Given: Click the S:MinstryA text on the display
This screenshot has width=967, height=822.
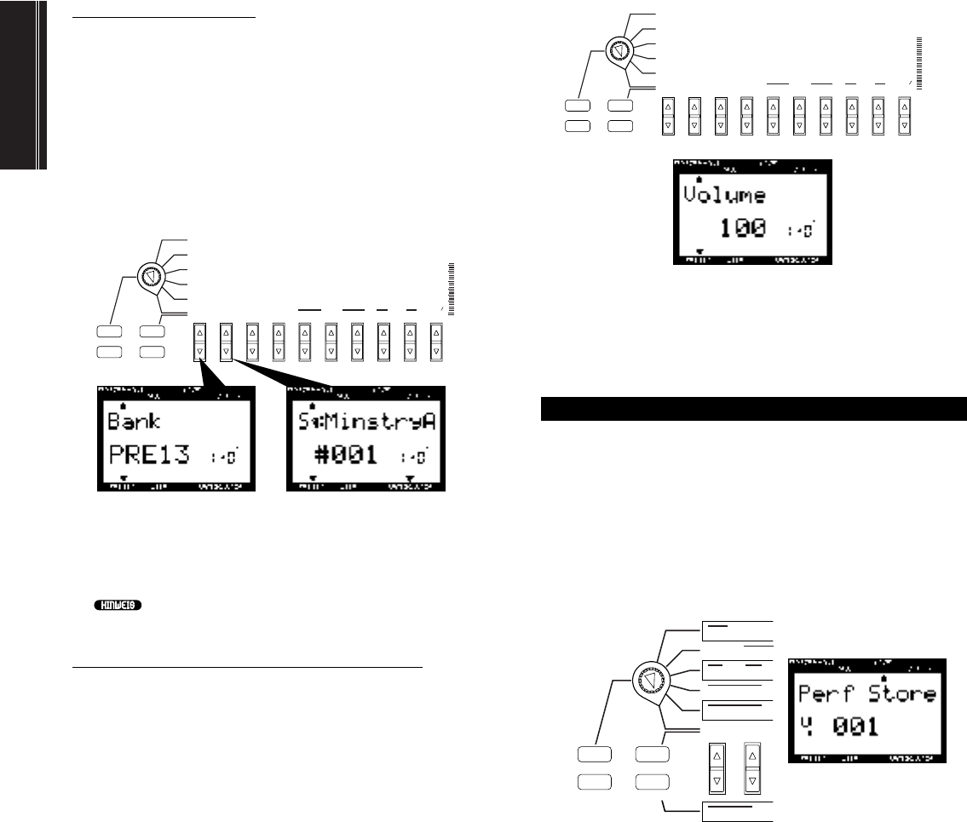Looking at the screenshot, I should (364, 422).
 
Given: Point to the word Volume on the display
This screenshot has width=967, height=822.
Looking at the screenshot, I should (725, 193).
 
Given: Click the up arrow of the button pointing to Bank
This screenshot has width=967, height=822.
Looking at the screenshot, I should (199, 333).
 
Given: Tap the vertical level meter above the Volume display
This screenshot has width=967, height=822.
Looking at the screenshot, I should (920, 63).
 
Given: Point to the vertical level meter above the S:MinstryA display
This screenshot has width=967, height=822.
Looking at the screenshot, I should (452, 290).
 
